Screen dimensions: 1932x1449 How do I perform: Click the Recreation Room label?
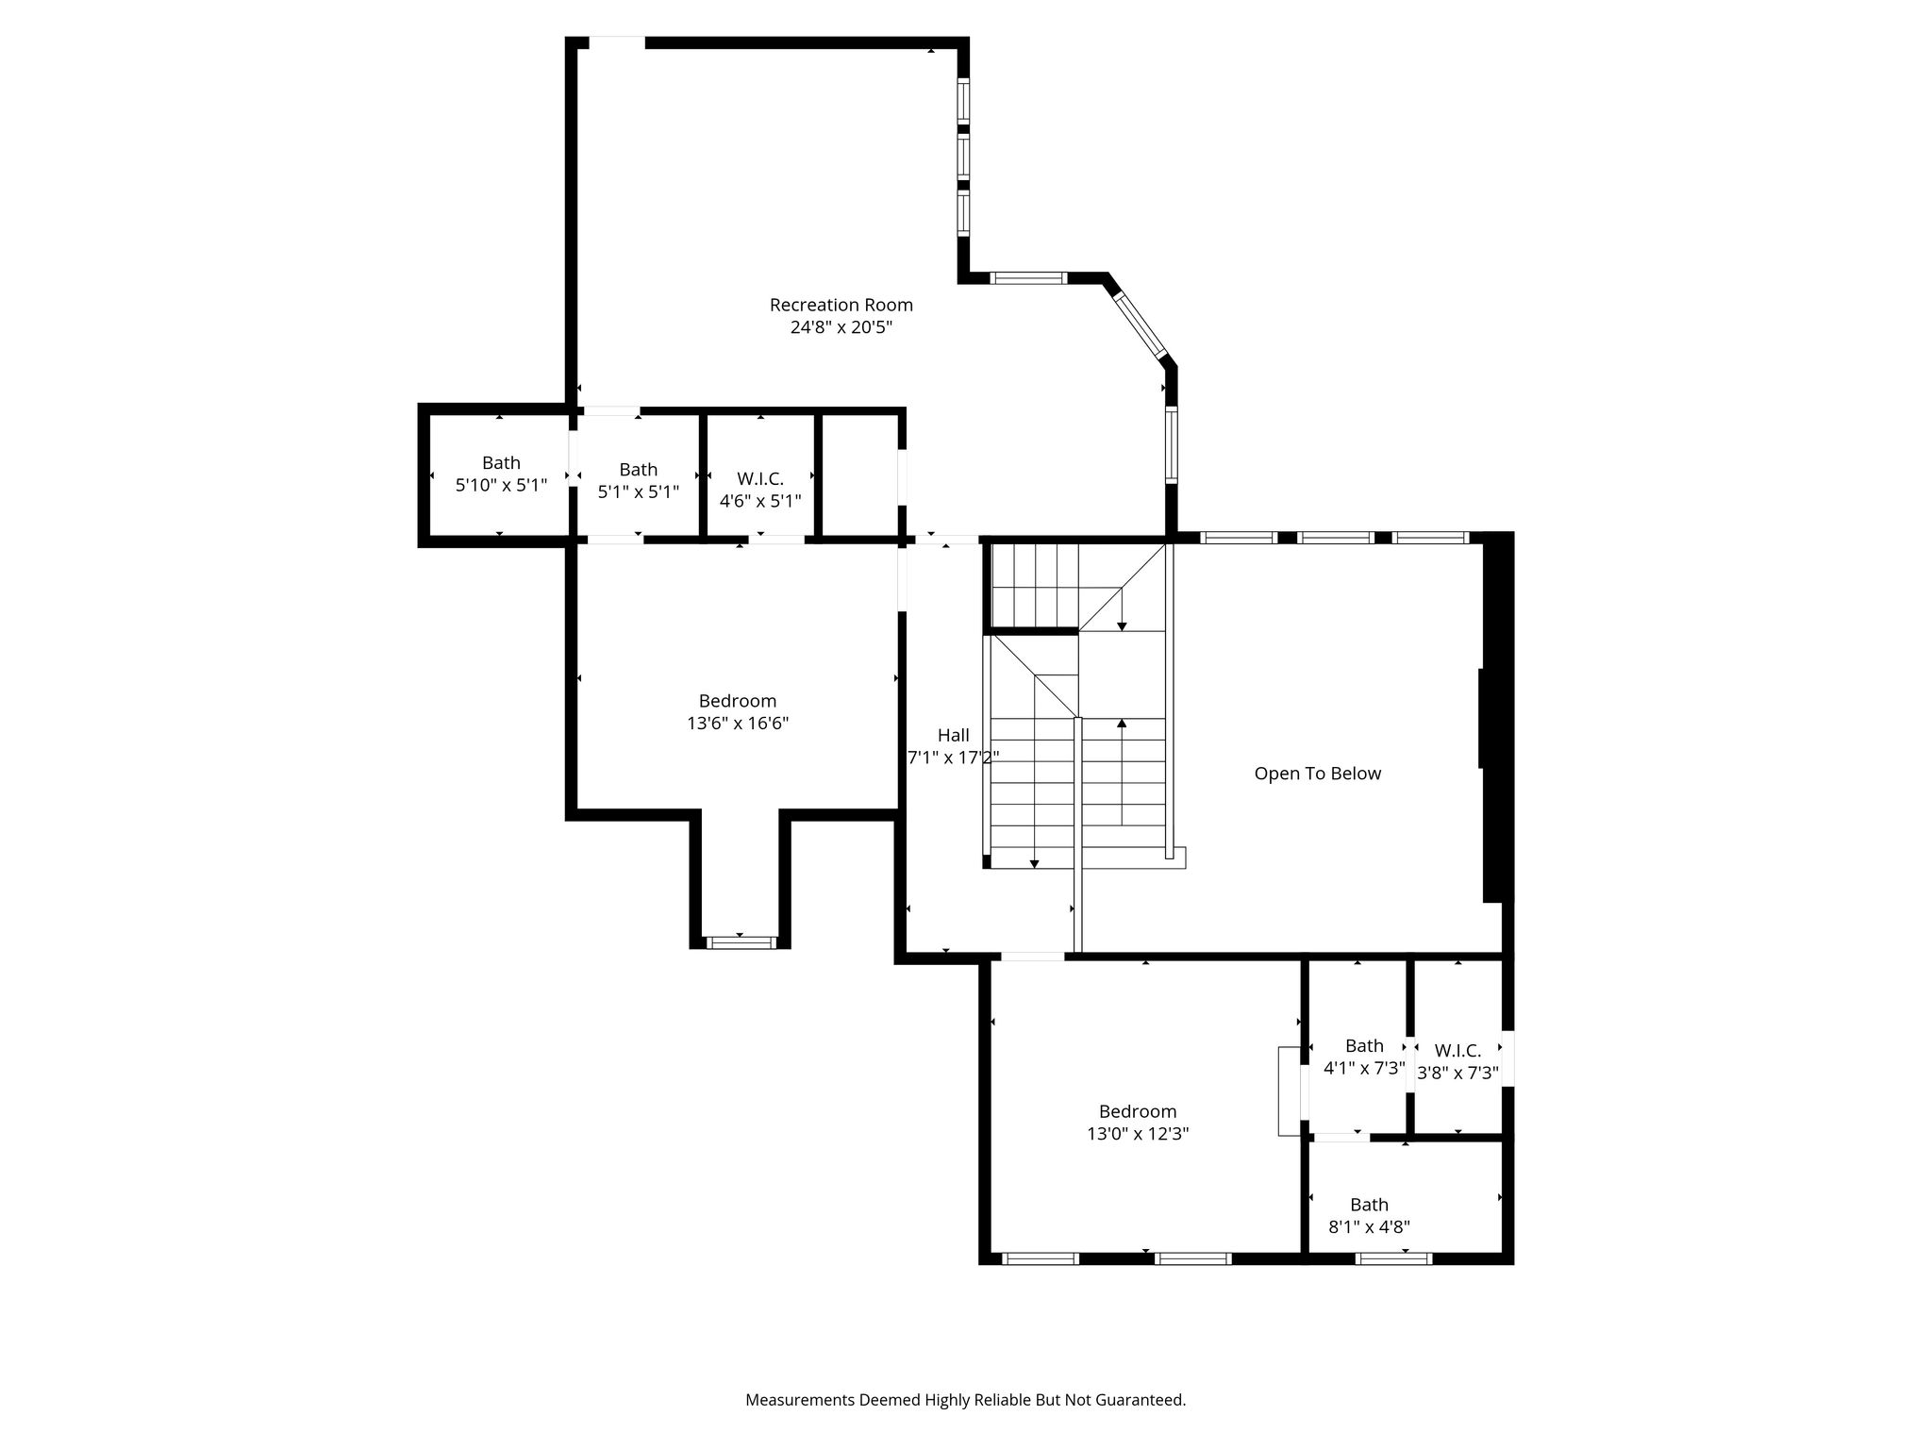[841, 305]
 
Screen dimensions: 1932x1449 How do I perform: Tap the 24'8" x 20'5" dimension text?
[841, 327]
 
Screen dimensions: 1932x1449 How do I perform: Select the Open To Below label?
[1317, 774]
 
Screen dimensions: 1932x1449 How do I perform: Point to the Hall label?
[953, 735]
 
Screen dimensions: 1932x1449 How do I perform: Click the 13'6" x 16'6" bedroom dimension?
[738, 724]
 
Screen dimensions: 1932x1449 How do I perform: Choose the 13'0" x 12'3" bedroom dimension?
[1138, 1134]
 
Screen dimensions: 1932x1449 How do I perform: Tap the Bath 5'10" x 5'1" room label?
[501, 474]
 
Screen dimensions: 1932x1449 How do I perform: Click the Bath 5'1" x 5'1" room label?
[639, 480]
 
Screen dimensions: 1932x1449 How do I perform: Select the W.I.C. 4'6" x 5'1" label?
[760, 490]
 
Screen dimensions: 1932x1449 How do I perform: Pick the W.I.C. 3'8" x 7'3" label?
[1457, 1061]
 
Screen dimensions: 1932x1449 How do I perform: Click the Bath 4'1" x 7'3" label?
[1364, 1057]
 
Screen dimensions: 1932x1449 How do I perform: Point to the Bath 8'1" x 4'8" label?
[1369, 1216]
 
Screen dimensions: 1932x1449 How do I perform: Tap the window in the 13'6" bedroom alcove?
[741, 941]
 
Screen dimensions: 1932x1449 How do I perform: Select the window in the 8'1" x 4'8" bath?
[1393, 1257]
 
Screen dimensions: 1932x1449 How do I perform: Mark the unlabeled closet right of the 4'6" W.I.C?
[858, 475]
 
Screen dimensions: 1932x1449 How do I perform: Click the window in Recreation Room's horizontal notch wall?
[1028, 277]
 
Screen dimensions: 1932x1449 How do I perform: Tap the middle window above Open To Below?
[1335, 538]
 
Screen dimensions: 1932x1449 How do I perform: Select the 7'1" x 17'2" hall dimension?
[953, 757]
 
